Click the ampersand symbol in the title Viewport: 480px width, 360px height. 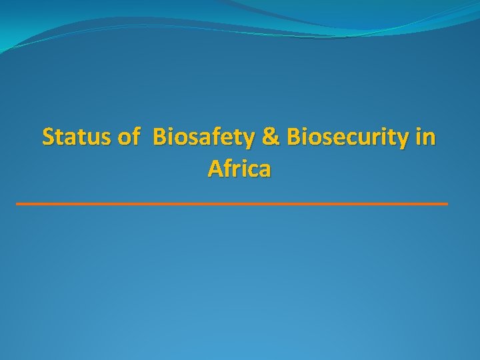271,137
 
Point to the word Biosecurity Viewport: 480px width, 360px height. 347,139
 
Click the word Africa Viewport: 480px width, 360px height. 239,169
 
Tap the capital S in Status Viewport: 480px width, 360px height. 48,137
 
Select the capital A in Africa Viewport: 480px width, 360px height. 215,169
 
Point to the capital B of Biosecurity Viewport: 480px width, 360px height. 293,137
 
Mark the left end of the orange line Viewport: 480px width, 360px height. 17,203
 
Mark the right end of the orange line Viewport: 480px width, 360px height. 447,203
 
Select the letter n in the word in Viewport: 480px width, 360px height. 430,139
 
